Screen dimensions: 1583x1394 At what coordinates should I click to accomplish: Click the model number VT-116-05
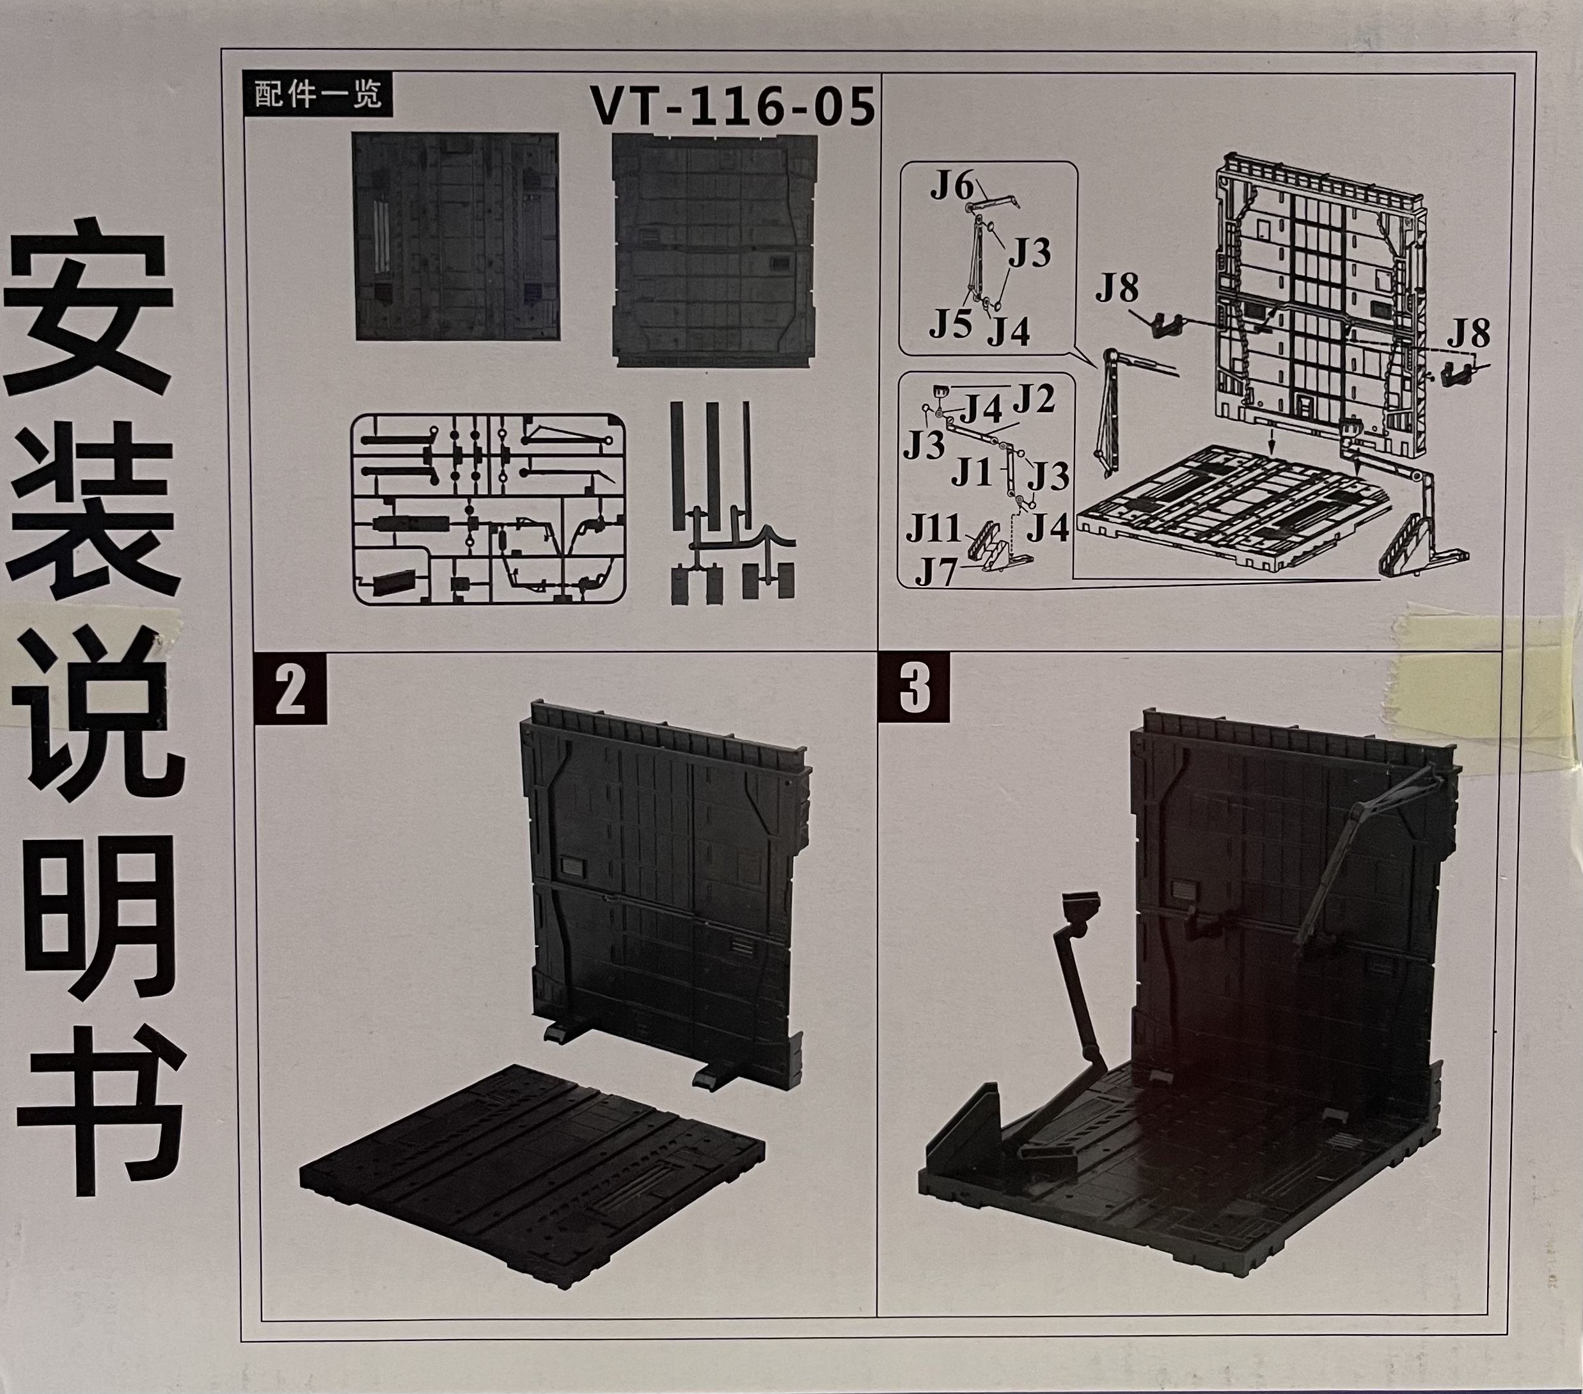pyautogui.click(x=732, y=107)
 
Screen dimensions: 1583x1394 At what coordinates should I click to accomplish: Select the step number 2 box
pyautogui.click(x=290, y=692)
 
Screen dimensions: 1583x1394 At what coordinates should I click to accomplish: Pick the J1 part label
pyautogui.click(x=972, y=471)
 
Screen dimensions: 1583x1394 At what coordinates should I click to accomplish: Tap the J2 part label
pyautogui.click(x=1034, y=400)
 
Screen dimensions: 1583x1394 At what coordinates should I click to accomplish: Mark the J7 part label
pyautogui.click(x=936, y=573)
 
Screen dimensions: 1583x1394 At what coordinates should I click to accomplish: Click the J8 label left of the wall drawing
pyautogui.click(x=1117, y=289)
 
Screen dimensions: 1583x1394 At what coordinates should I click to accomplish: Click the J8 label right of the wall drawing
pyautogui.click(x=1469, y=334)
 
